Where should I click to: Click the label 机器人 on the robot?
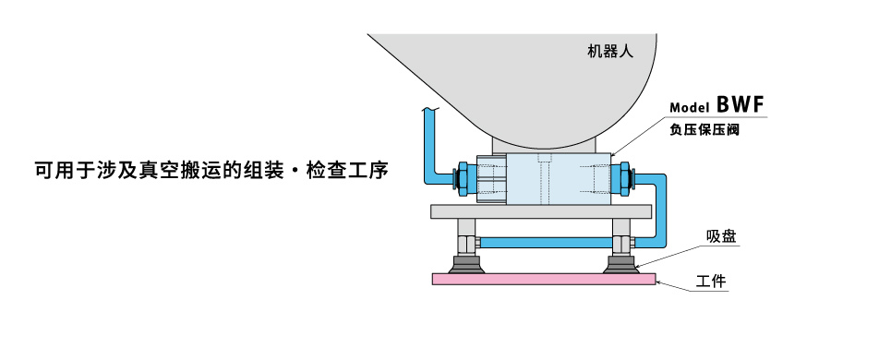[609, 53]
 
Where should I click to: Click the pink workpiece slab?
[543, 278]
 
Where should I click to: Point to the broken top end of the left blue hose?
[427, 111]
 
